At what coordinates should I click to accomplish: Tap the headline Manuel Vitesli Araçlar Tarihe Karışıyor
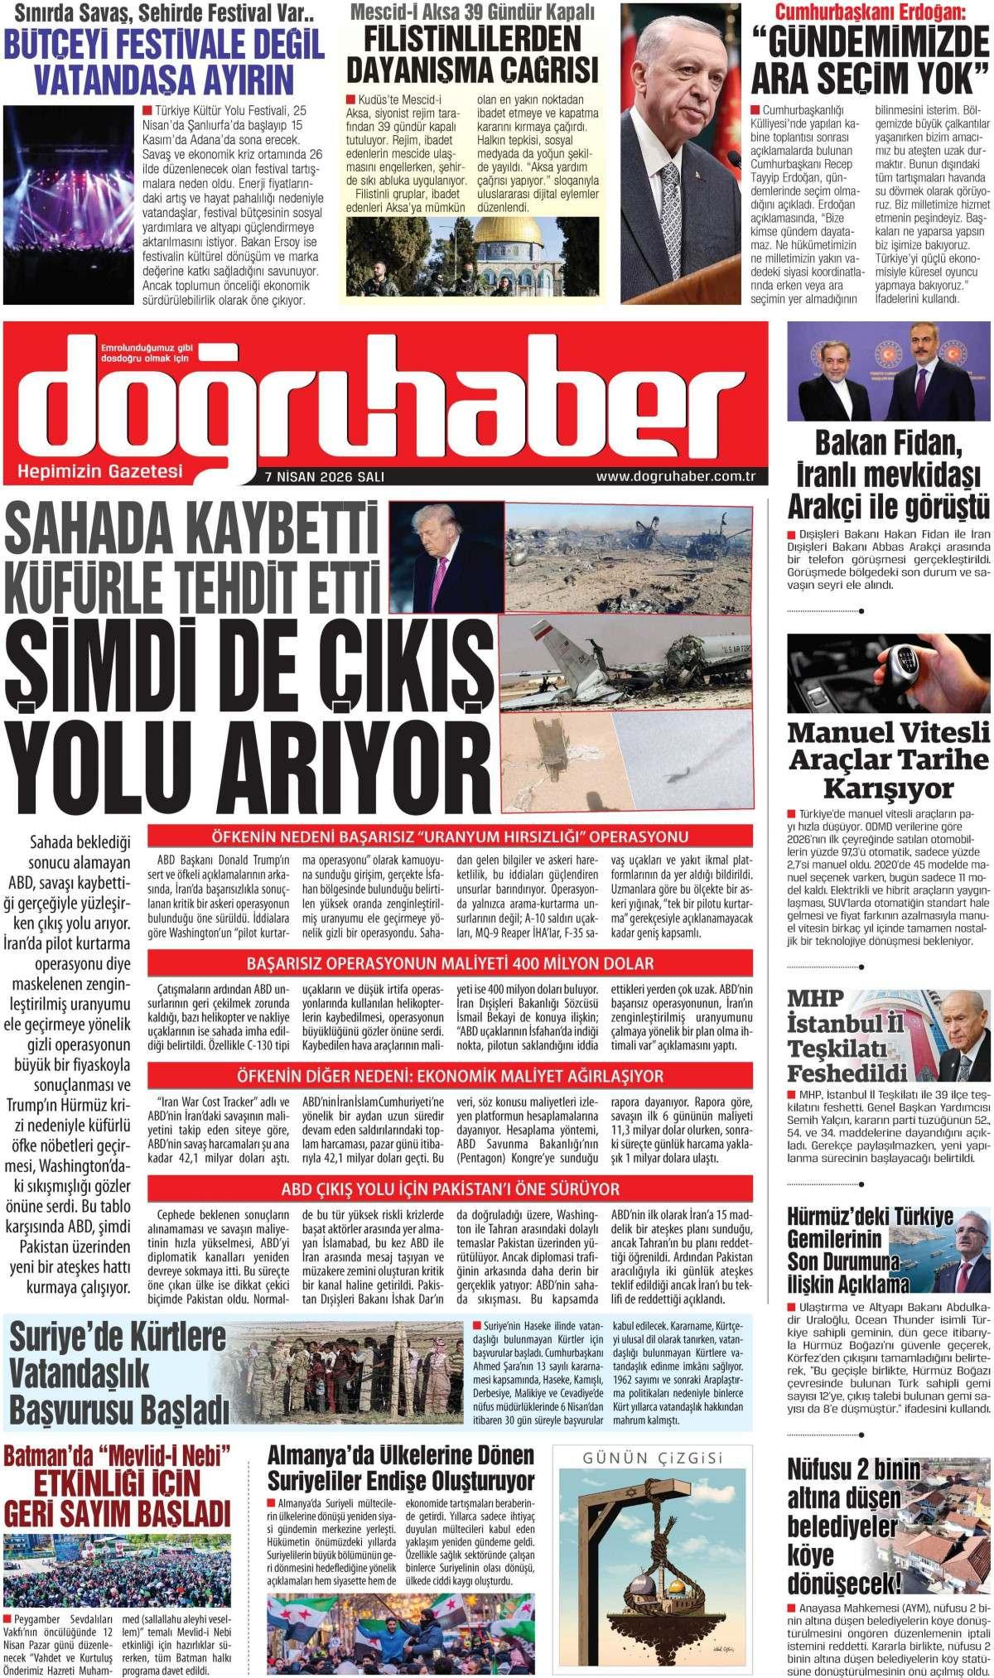point(888,759)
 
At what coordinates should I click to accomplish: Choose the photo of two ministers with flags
point(888,374)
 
